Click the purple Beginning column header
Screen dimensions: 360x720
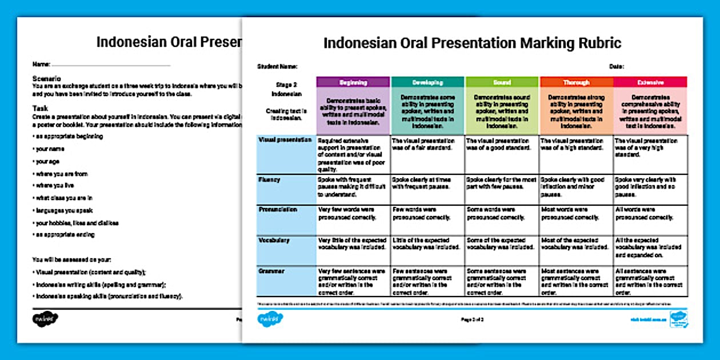(353, 82)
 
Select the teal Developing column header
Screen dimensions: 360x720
(427, 82)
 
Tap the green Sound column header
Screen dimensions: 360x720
(502, 82)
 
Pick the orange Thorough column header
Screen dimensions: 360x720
(576, 82)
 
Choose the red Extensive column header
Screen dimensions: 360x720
(650, 82)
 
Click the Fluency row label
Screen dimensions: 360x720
(270, 179)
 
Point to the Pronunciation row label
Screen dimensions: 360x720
(278, 210)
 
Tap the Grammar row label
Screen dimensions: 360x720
(271, 271)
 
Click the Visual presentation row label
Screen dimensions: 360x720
(285, 139)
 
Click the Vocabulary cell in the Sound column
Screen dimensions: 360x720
(502, 244)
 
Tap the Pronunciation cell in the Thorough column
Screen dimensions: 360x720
(576, 213)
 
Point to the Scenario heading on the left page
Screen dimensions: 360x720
(47, 78)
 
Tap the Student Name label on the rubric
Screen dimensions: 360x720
(277, 66)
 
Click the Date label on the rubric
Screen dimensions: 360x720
(617, 66)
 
